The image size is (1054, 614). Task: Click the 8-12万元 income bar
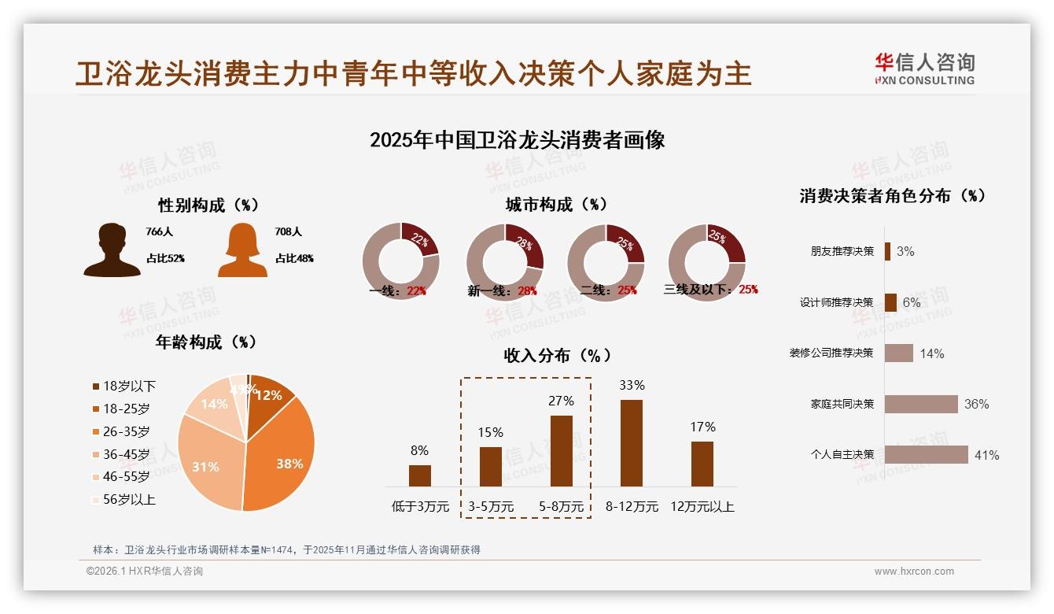[632, 443]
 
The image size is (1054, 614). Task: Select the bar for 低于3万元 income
[420, 475]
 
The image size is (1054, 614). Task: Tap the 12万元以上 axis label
[702, 507]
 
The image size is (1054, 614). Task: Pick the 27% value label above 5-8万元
[562, 401]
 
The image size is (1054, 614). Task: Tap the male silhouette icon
[112, 250]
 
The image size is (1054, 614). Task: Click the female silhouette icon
[242, 250]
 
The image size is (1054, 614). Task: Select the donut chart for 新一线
[505, 262]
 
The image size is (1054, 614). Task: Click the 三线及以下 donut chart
[706, 262]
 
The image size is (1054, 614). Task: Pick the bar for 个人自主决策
[926, 454]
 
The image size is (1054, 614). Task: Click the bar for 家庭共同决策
[921, 404]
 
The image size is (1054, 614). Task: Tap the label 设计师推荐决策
[836, 302]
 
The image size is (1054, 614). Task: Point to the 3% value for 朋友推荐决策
[905, 251]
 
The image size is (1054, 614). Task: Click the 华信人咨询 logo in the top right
[924, 68]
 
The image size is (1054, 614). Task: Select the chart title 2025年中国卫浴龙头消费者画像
[518, 140]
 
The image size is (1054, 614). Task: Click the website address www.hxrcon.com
[914, 571]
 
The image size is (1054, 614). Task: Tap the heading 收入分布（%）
[557, 355]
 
